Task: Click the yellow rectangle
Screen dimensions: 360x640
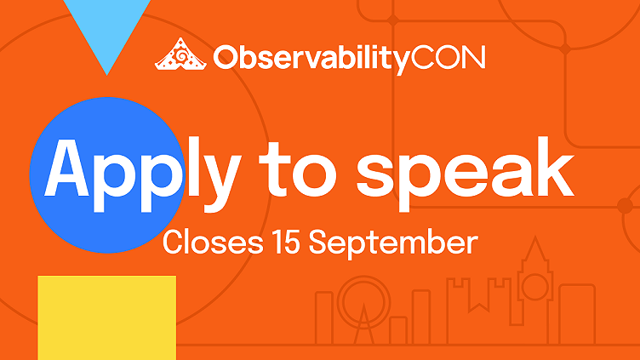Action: click(106, 317)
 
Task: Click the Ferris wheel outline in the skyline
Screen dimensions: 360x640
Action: click(364, 298)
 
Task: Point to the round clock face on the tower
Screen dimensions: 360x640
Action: click(534, 286)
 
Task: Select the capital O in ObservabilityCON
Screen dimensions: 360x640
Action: click(225, 57)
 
